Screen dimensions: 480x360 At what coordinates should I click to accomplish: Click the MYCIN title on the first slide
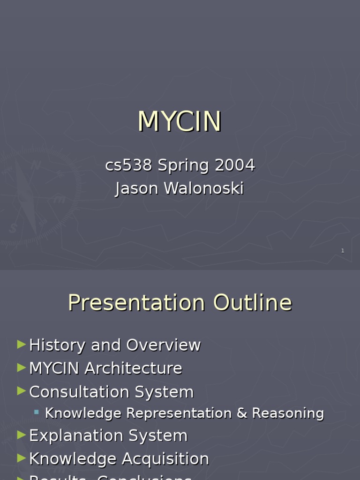click(180, 122)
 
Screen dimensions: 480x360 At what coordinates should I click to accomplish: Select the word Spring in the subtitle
click(183, 166)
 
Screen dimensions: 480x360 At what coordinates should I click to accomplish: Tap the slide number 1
click(343, 251)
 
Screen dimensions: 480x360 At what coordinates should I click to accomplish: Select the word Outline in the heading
click(253, 302)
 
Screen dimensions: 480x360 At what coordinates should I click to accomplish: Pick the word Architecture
click(133, 368)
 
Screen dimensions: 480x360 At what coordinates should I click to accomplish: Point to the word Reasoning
click(288, 414)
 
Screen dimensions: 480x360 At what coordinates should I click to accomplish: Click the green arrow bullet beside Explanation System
click(21, 435)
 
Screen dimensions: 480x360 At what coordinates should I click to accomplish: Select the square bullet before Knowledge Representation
click(37, 412)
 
